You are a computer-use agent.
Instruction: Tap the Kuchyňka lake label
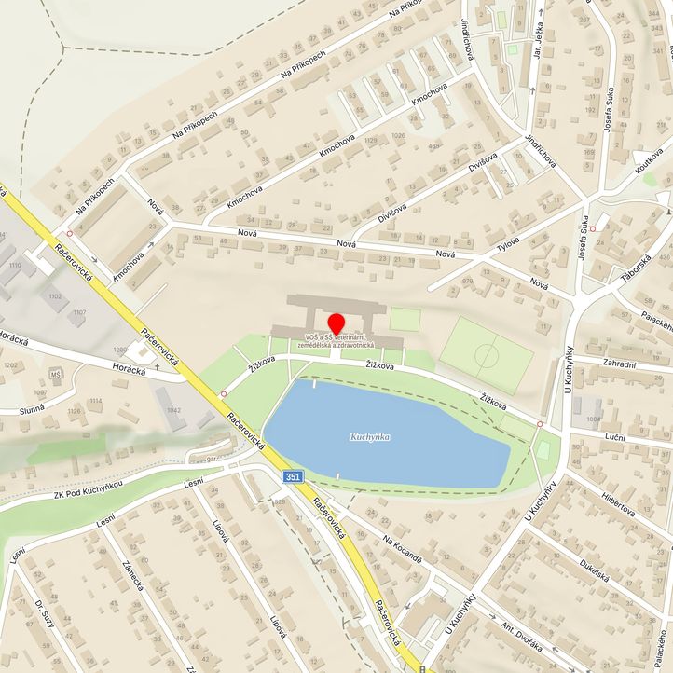(x=369, y=437)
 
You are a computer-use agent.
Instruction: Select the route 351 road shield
(x=293, y=476)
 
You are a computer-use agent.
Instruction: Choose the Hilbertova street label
(x=618, y=504)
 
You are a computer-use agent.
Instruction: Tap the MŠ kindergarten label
(x=56, y=375)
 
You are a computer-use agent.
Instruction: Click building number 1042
(x=172, y=409)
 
